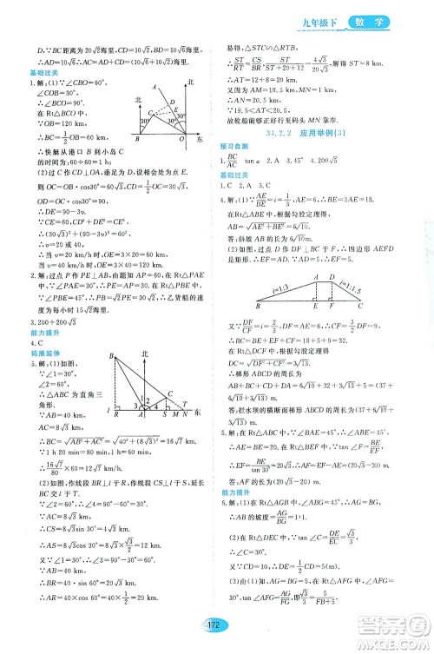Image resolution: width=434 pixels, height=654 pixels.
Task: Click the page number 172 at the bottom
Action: point(212,633)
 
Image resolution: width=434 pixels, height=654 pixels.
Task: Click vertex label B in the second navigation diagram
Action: point(112,357)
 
